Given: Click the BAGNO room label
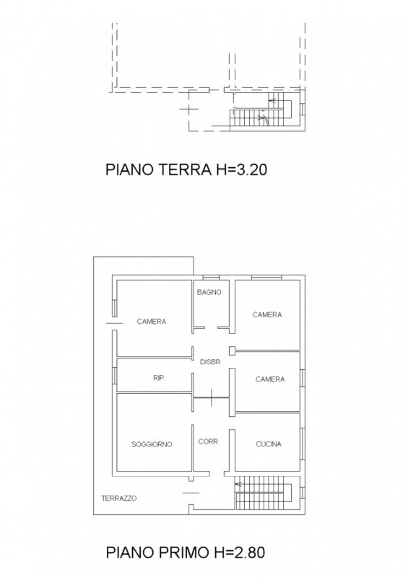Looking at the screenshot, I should point(209,292).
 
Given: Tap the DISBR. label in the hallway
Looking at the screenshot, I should point(210,363).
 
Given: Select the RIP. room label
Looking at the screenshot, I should point(160,377).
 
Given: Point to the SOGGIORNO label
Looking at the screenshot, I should point(152,444).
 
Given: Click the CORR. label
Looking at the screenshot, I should point(209,441).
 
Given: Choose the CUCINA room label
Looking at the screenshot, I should point(268,444).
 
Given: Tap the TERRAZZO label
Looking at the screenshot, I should point(118,498).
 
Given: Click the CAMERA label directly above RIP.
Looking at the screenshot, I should point(152,322).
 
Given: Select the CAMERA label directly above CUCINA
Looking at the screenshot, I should point(269,379).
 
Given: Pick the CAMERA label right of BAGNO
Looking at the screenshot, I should point(266,314).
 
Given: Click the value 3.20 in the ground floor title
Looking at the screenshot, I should point(255,170).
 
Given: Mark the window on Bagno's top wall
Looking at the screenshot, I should point(211,278).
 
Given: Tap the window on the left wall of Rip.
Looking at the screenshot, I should point(114,375).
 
